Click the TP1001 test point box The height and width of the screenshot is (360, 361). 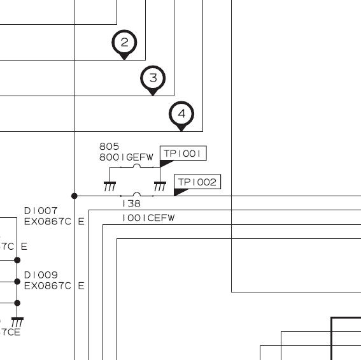click(x=183, y=153)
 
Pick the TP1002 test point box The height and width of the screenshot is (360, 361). click(x=197, y=182)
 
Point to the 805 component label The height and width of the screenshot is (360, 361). click(x=109, y=147)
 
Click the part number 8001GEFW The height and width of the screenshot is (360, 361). click(x=126, y=157)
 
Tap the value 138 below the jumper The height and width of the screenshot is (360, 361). click(x=131, y=203)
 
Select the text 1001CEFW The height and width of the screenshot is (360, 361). click(x=148, y=218)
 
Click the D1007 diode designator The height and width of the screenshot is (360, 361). click(x=41, y=211)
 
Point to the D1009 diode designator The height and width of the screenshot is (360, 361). click(x=41, y=275)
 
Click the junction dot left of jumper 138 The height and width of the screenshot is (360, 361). click(x=74, y=196)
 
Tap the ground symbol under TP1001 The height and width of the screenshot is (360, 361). click(x=160, y=187)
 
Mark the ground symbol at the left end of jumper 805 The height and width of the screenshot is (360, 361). click(x=110, y=187)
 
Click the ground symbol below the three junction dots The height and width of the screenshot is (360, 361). click(x=17, y=322)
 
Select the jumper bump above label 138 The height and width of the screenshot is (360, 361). click(x=137, y=194)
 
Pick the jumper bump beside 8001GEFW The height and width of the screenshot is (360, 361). click(x=137, y=166)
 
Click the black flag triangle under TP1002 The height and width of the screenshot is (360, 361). click(x=181, y=192)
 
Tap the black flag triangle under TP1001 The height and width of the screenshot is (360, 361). click(x=166, y=163)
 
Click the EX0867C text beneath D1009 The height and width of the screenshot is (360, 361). click(x=47, y=286)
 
